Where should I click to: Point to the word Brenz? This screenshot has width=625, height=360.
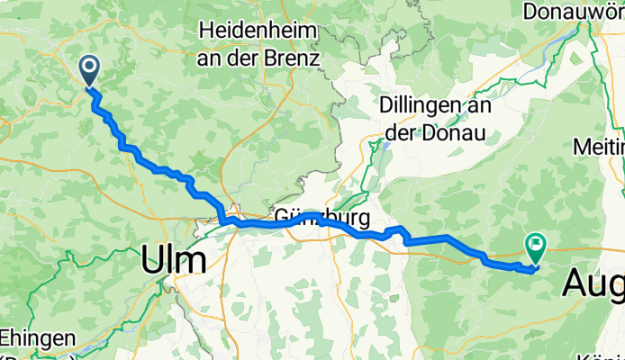point(289,59)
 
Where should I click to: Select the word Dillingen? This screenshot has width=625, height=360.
point(425,104)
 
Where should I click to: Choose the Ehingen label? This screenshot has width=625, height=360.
point(36,339)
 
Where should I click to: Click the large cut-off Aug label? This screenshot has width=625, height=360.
point(593,283)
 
